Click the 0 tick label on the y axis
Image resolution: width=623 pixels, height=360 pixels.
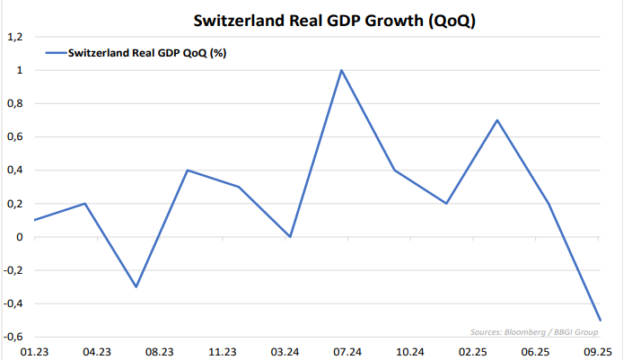[x=19, y=237]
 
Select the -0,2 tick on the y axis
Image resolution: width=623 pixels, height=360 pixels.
[x=13, y=270]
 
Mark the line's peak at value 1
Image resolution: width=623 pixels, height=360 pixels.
[x=341, y=70]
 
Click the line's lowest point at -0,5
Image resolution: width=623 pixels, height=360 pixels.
[x=600, y=320]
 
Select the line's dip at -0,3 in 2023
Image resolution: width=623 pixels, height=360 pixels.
[x=136, y=287]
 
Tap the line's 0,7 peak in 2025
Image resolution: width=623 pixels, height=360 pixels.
[x=496, y=120]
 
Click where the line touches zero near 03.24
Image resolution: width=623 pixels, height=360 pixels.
[x=290, y=237]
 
